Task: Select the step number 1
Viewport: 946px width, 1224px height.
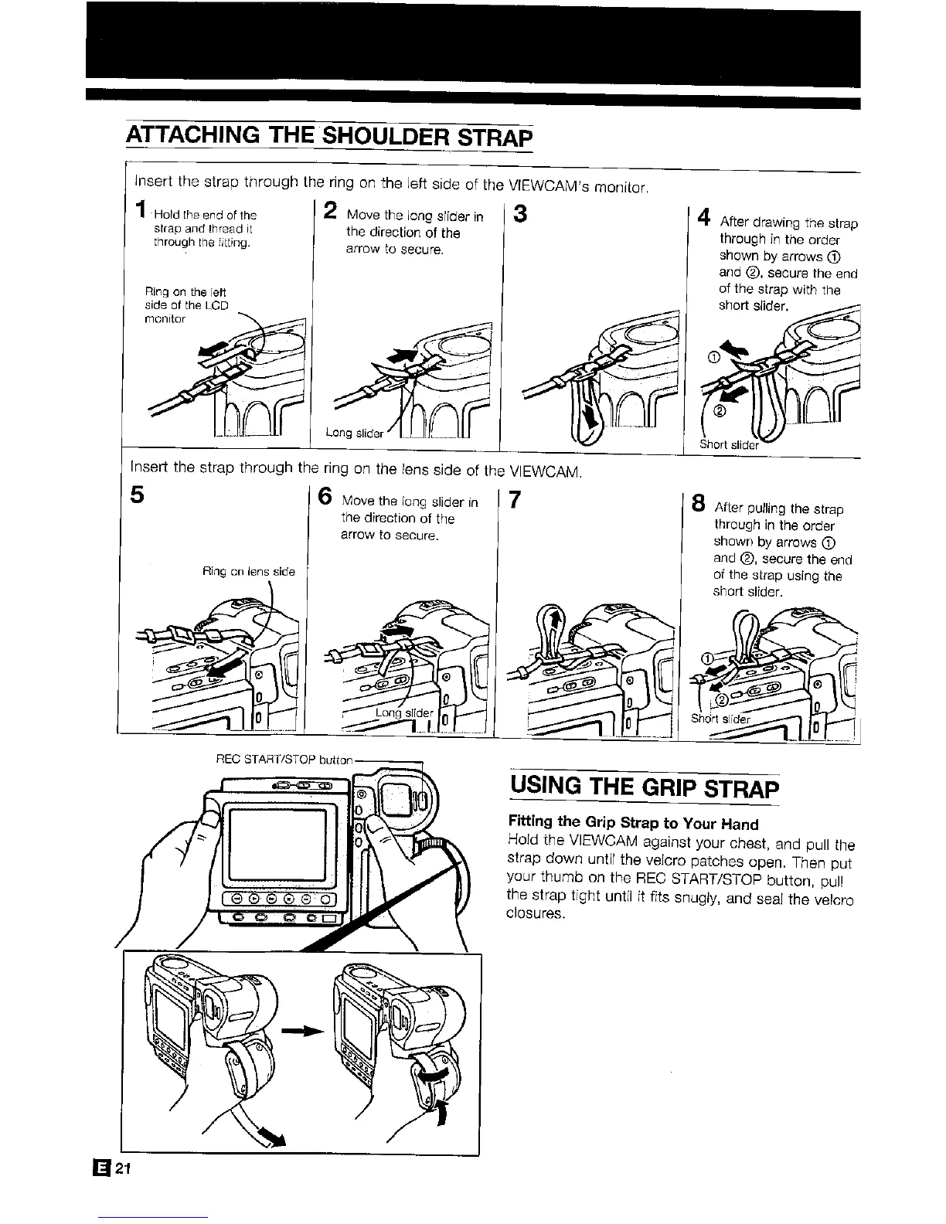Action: [139, 210]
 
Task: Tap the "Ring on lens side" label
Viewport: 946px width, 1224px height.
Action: [248, 572]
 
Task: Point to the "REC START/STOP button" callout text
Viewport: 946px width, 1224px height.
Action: [285, 760]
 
